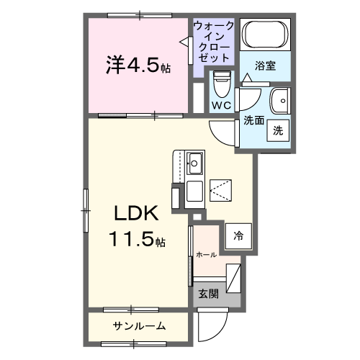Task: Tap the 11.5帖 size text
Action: click(x=137, y=240)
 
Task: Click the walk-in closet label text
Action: click(x=214, y=42)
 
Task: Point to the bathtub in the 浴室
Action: click(x=264, y=35)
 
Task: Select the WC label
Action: click(x=221, y=106)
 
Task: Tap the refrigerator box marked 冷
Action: click(x=237, y=235)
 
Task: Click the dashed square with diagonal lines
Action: click(x=222, y=189)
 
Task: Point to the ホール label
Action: click(x=207, y=254)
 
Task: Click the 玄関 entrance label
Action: click(x=209, y=293)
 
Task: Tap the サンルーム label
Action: click(x=140, y=326)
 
